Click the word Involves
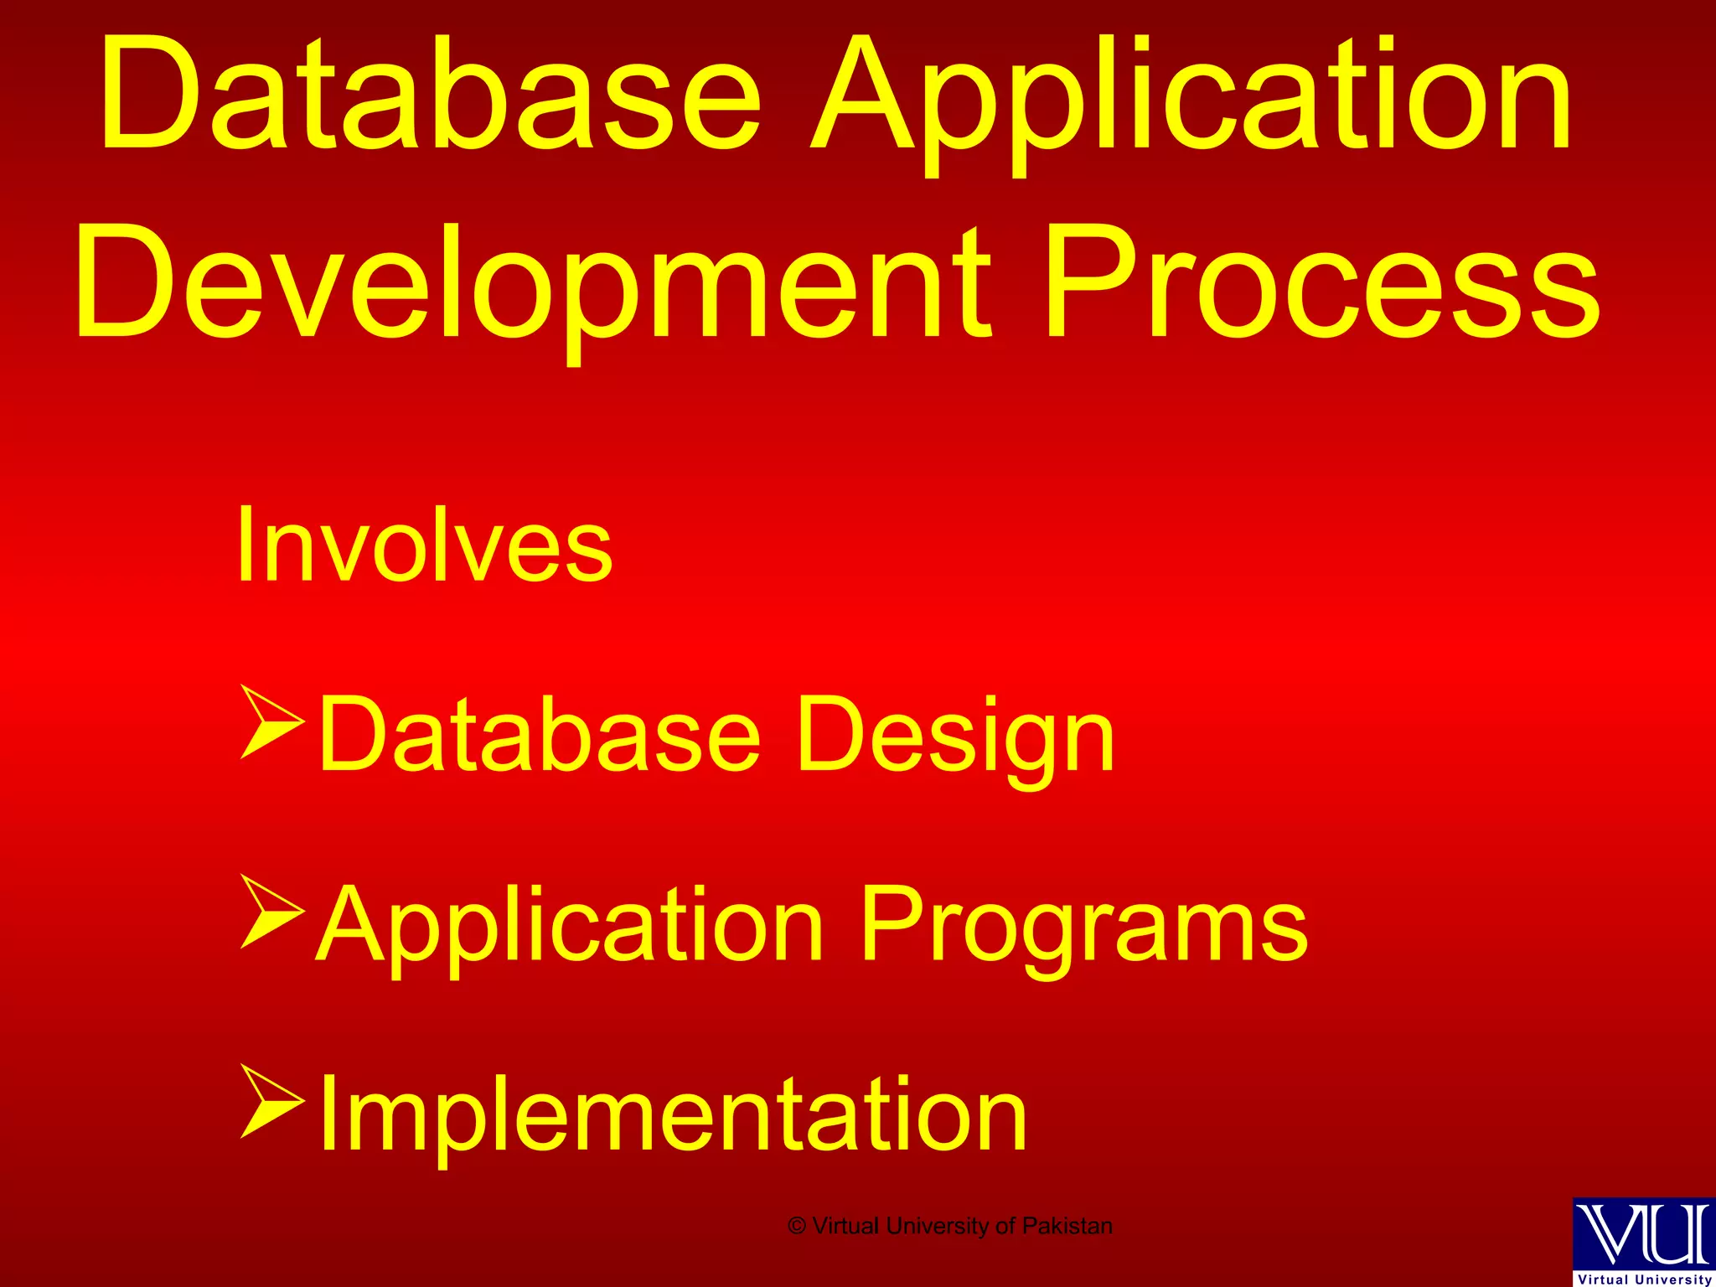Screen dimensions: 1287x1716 [424, 545]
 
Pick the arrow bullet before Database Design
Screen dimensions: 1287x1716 [271, 721]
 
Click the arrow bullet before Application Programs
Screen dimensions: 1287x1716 [271, 911]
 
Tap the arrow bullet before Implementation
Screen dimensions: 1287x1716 [271, 1101]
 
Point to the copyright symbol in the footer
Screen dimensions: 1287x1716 [797, 1227]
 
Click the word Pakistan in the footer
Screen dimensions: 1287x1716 [1067, 1226]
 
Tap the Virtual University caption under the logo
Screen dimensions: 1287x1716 [1645, 1279]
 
